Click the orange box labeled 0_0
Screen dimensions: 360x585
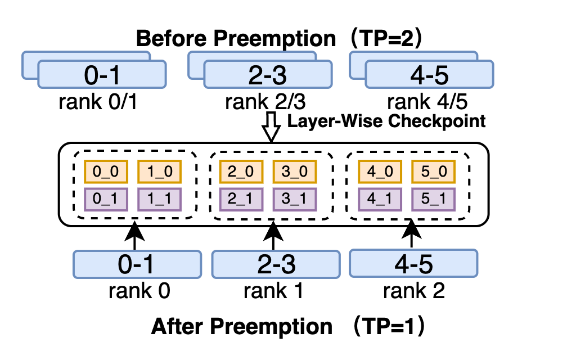click(106, 172)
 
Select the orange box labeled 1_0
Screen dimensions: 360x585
click(159, 172)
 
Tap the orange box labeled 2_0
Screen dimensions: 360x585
click(241, 172)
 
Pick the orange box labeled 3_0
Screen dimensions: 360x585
click(295, 172)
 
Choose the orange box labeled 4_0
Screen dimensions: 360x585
click(380, 172)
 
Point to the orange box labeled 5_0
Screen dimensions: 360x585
click(433, 172)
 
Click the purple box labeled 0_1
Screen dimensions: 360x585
click(106, 199)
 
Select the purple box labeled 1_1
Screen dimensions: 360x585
click(159, 199)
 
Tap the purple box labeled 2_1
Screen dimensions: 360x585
click(241, 199)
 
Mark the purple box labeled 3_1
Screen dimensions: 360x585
click(295, 199)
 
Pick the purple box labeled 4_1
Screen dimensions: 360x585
click(380, 199)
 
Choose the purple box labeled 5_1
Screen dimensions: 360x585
click(433, 199)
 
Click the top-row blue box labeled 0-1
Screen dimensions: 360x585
click(102, 75)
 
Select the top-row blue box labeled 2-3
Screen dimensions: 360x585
click(268, 75)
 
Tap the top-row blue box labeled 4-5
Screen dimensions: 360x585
click(429, 75)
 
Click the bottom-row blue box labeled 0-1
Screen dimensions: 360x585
click(137, 264)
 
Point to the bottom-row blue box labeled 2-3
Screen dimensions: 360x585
click(276, 264)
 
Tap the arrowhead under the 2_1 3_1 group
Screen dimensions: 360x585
click(273, 223)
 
